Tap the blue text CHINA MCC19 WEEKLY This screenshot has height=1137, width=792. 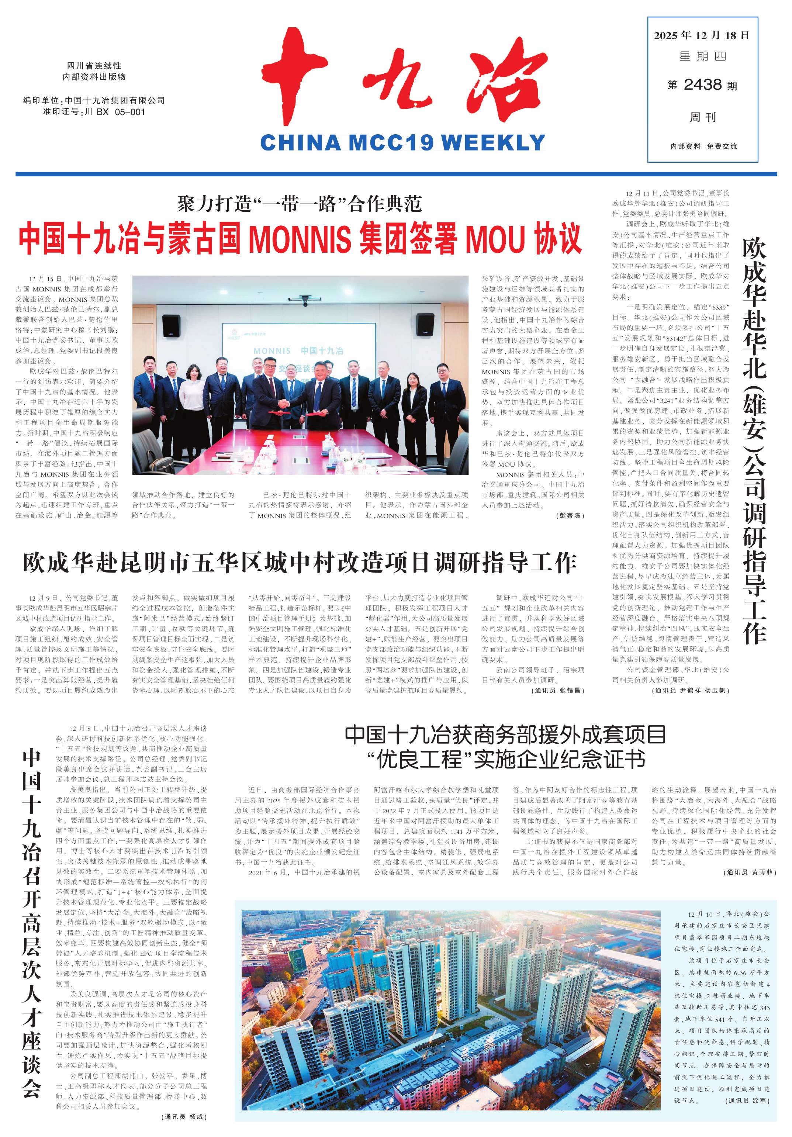(402, 143)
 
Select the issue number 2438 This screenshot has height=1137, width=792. (702, 85)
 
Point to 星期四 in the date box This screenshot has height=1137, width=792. (702, 57)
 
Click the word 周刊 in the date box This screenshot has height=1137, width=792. (702, 117)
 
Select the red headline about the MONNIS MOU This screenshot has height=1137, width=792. (300, 239)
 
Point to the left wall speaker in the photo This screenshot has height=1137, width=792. (171, 325)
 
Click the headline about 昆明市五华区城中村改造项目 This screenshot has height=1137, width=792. (300, 563)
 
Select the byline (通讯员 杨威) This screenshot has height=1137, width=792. (184, 1117)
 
